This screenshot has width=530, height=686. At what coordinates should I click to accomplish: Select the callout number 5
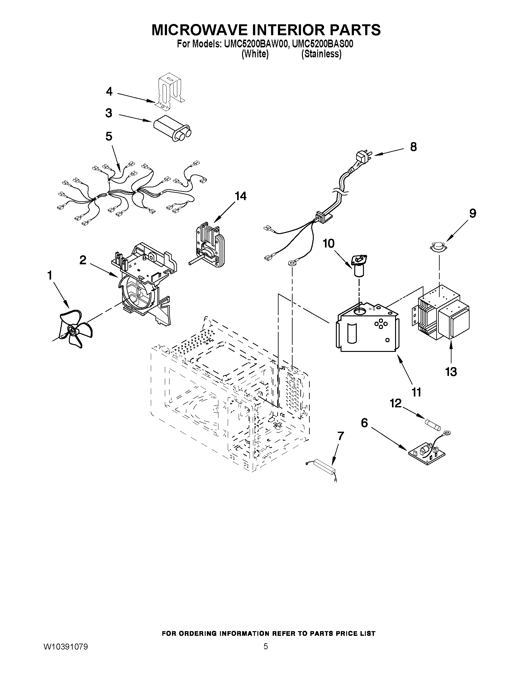point(109,136)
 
